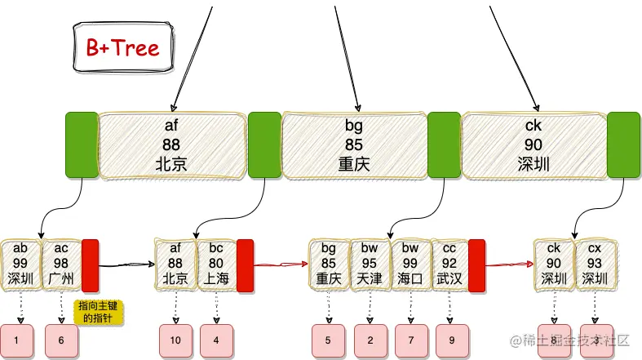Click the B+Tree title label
(x=123, y=47)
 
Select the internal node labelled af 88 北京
(x=171, y=145)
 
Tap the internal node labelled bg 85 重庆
(x=354, y=145)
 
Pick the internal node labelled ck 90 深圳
(x=534, y=145)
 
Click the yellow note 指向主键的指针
(x=99, y=313)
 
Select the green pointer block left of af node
(x=82, y=145)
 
